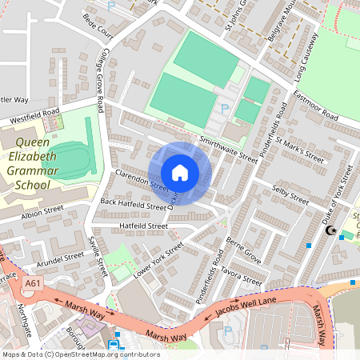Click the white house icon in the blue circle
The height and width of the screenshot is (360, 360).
pyautogui.click(x=180, y=173)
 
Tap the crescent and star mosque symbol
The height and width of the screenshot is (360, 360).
pyautogui.click(x=330, y=232)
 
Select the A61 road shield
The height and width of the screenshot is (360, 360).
pyautogui.click(x=33, y=283)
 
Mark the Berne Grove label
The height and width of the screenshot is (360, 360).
pyautogui.click(x=243, y=250)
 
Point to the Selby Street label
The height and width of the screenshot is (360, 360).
pyautogui.click(x=290, y=194)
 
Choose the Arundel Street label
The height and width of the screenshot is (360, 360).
pyautogui.click(x=59, y=258)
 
